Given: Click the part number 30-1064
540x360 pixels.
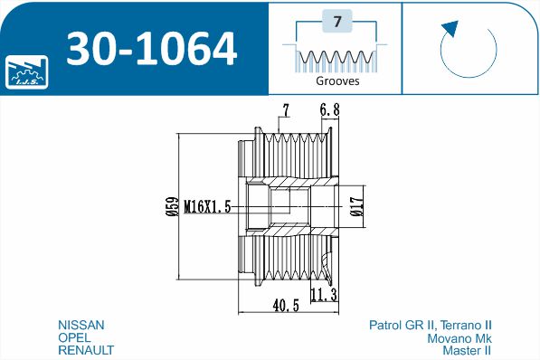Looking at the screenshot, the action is (x=152, y=49).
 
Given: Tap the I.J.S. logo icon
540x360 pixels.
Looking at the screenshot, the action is (x=26, y=72).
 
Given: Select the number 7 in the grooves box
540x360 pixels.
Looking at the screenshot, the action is (x=337, y=22).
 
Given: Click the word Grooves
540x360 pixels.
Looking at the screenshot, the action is (x=337, y=81).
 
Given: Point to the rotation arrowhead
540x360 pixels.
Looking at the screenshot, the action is (x=450, y=28).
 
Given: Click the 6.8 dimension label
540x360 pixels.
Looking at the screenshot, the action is (x=329, y=109).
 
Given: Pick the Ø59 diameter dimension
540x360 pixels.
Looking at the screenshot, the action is (x=173, y=206).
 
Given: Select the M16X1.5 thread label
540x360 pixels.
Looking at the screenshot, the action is (x=207, y=207).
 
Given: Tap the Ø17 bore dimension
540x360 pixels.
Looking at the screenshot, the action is (x=357, y=206).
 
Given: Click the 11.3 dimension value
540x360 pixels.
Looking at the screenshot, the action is (x=324, y=295).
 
